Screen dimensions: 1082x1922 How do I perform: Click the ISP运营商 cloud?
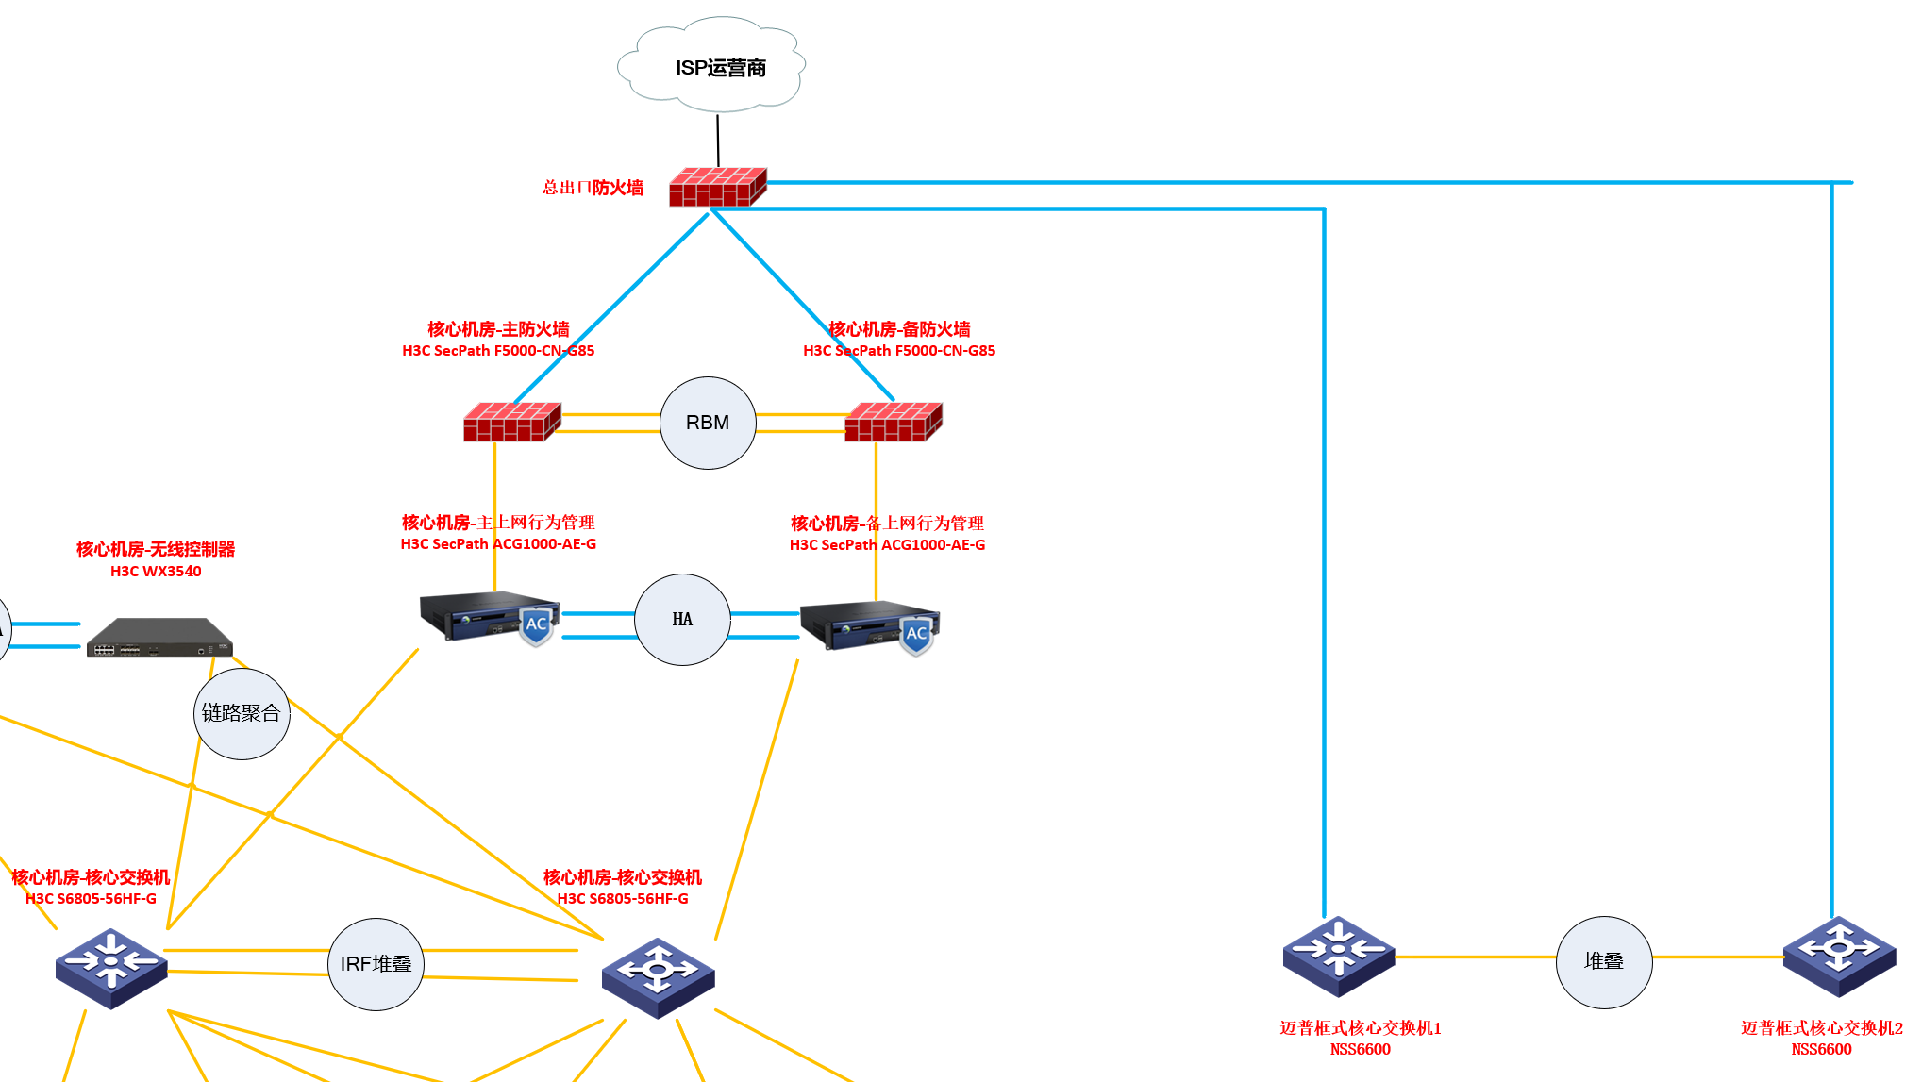coord(711,64)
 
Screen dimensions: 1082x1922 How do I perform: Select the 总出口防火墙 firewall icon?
coord(717,187)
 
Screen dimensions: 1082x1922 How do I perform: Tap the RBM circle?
coord(708,423)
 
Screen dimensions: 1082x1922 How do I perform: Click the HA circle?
coord(682,620)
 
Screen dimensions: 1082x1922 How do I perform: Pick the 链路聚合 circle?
coord(242,714)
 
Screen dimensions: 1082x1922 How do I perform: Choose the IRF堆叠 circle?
coord(376,964)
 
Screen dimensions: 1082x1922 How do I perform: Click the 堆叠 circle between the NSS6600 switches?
coord(1603,961)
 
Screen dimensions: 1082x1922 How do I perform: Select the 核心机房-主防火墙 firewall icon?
coord(511,422)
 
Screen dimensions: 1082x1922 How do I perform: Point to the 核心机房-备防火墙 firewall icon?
coord(893,422)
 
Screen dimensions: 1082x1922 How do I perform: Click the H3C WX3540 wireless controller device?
coord(159,638)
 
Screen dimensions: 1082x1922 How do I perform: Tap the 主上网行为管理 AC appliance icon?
coord(486,617)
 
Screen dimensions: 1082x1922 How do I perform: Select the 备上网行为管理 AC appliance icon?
coord(868,625)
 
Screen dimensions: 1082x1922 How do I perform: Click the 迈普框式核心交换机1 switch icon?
coord(1338,956)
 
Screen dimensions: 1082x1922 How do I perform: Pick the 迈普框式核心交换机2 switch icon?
coord(1839,956)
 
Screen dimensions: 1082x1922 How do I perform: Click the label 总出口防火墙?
coord(593,188)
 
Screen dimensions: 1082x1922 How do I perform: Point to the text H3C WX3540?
coord(156,572)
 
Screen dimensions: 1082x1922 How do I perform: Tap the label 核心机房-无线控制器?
coord(156,549)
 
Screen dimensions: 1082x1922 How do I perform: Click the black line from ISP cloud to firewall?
coord(718,141)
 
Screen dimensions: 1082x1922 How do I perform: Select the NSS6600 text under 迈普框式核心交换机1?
coord(1360,1049)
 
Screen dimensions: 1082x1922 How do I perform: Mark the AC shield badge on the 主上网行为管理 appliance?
coord(536,626)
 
